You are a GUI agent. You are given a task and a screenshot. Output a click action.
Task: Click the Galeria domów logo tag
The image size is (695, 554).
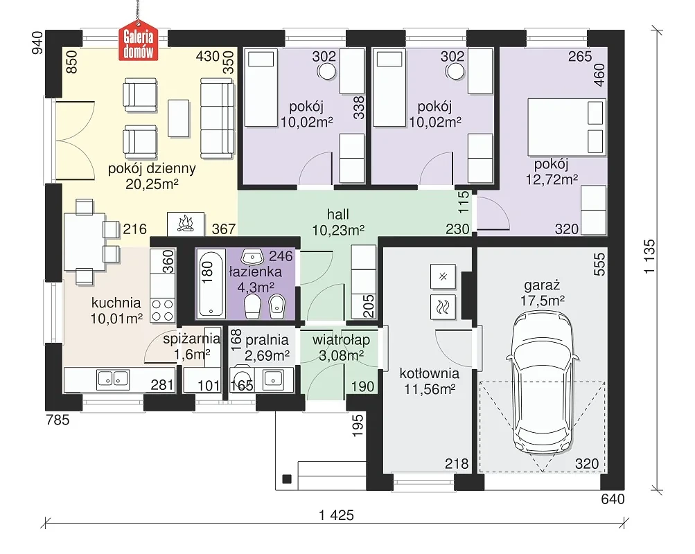(139, 44)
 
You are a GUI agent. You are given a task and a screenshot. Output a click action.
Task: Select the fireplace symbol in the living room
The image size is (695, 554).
(186, 224)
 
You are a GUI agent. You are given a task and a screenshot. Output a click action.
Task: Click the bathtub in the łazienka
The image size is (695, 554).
(210, 283)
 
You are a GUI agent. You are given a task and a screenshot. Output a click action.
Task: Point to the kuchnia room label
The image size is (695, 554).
(116, 303)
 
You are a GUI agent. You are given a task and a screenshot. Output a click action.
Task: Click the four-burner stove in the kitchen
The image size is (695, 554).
(162, 310)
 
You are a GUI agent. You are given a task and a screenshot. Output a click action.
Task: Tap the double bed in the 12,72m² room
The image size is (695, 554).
(566, 127)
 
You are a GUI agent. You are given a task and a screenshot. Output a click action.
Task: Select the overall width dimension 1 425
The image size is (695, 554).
(337, 515)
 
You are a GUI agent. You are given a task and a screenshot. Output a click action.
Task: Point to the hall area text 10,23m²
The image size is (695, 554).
(338, 231)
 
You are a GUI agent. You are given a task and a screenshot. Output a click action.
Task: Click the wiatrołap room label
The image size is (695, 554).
(342, 340)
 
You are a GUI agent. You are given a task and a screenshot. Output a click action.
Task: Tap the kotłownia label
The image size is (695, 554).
(429, 373)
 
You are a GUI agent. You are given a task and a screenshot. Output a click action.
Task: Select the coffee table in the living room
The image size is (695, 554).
(179, 118)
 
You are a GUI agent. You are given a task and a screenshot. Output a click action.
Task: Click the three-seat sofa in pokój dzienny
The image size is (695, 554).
(217, 118)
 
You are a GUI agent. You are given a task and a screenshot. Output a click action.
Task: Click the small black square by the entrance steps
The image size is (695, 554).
(288, 479)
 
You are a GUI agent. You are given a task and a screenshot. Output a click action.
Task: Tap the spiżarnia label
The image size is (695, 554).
(191, 339)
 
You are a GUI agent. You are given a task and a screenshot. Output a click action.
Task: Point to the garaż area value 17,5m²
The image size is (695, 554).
(542, 301)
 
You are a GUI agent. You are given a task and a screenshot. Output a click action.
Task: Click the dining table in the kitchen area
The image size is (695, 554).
(85, 242)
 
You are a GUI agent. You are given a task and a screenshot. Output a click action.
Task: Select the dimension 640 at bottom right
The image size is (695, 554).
(613, 499)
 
